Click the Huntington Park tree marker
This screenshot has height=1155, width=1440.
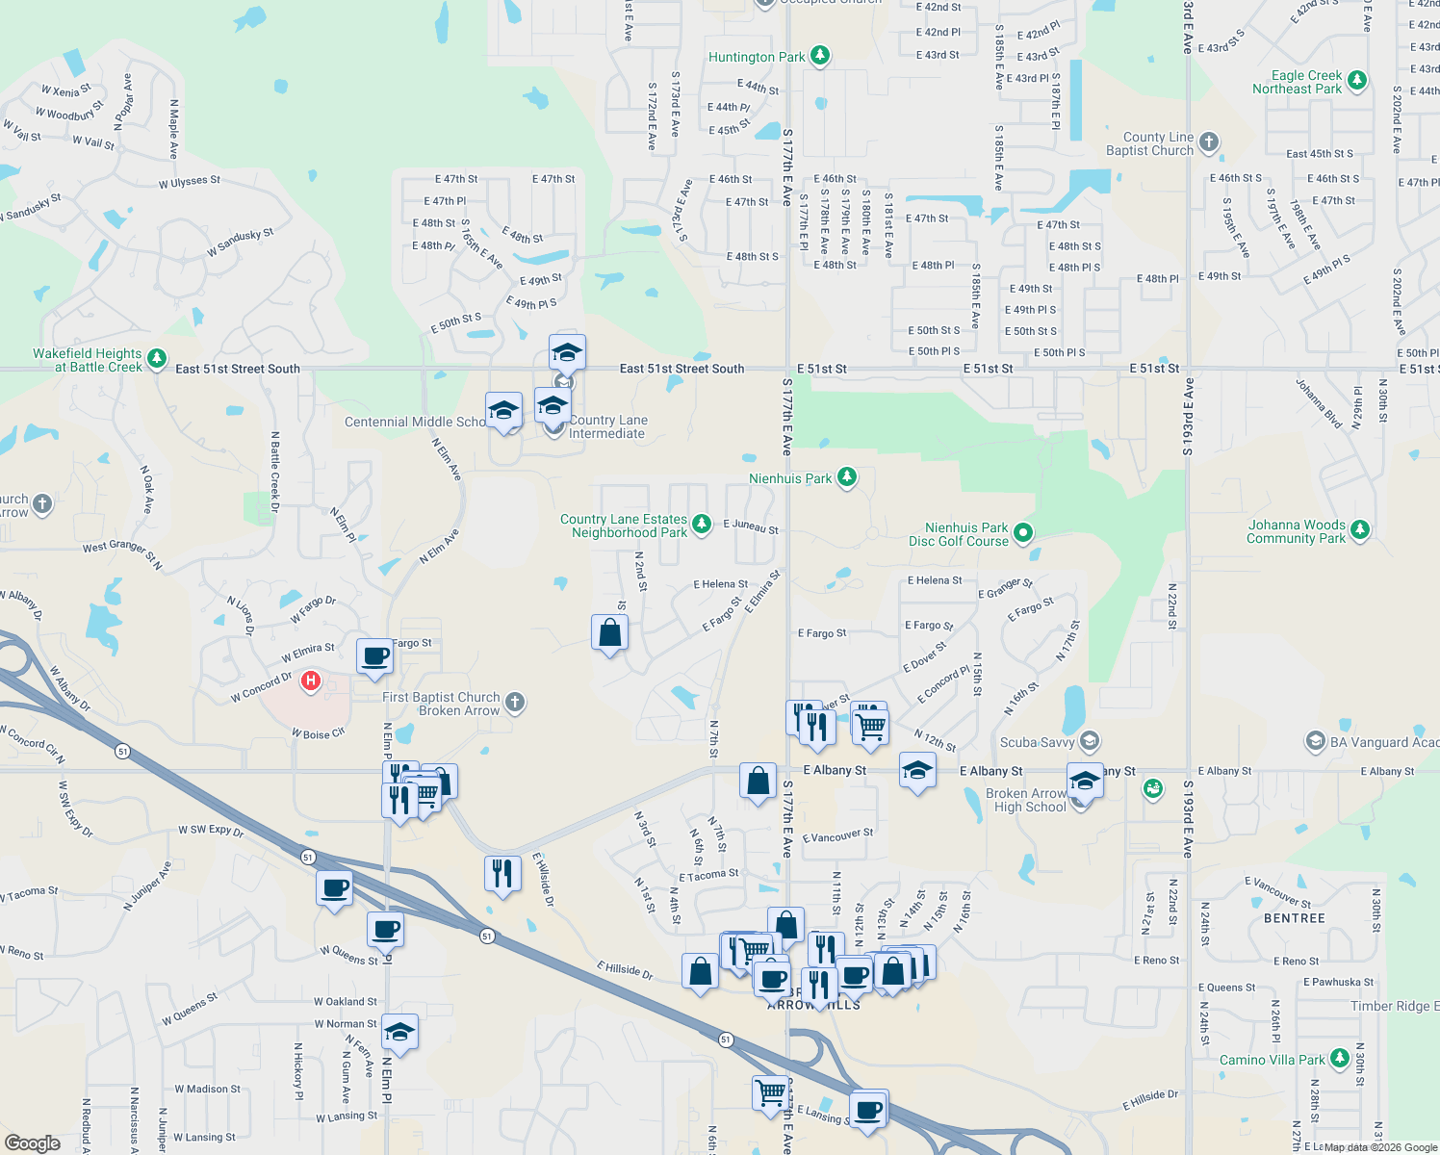pyautogui.click(x=819, y=56)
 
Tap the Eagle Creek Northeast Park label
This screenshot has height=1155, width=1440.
pyautogui.click(x=1297, y=82)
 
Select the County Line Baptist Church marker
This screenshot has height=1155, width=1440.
pyautogui.click(x=1209, y=142)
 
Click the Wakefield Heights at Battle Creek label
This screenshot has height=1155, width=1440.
pyautogui.click(x=87, y=360)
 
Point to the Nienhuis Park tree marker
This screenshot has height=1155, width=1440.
pyautogui.click(x=846, y=477)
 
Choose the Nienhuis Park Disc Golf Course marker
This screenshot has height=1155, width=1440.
pyautogui.click(x=1023, y=532)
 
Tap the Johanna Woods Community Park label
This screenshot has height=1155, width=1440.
pyautogui.click(x=1296, y=531)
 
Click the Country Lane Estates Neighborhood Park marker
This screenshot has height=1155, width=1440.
pyautogui.click(x=702, y=524)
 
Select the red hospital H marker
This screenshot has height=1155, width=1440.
pyautogui.click(x=310, y=681)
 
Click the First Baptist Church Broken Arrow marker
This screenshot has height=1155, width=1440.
pyautogui.click(x=515, y=703)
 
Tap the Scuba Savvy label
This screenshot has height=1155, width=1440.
pyautogui.click(x=1037, y=742)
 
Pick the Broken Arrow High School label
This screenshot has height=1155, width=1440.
pyautogui.click(x=1030, y=800)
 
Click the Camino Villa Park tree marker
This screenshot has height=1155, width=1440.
pyautogui.click(x=1339, y=1059)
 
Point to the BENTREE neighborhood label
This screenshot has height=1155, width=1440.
pyautogui.click(x=1295, y=918)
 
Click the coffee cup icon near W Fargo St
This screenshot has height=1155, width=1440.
pyautogui.click(x=374, y=656)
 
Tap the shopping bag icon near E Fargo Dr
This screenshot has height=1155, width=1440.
pyautogui.click(x=609, y=632)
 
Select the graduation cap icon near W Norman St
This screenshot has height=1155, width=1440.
pyautogui.click(x=399, y=1032)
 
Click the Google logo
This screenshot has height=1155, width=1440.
pyautogui.click(x=32, y=1142)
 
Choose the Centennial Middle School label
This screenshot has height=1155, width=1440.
pyautogui.click(x=415, y=422)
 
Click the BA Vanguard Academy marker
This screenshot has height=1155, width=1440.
pyautogui.click(x=1315, y=741)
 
